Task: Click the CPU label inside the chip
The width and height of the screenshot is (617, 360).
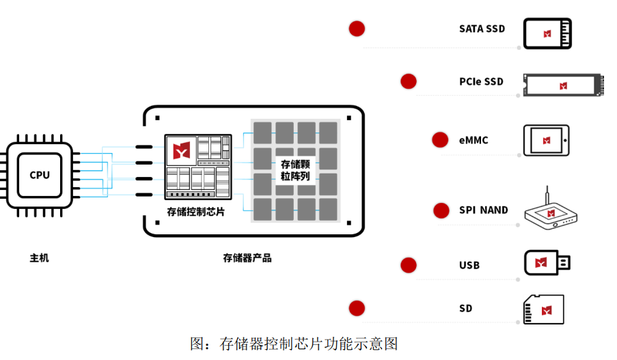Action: tap(40, 175)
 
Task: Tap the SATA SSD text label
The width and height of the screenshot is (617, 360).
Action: tap(482, 29)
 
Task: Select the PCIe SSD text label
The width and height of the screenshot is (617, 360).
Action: tap(481, 82)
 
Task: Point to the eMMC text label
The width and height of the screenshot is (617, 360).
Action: tap(474, 141)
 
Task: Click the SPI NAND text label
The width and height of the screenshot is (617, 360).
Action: tap(484, 210)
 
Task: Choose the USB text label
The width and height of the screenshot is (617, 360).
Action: tap(469, 265)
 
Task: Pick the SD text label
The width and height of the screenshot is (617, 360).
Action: tap(465, 309)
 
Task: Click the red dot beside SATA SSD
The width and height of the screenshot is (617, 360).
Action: tap(357, 29)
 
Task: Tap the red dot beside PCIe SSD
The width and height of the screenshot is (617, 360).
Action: tap(409, 81)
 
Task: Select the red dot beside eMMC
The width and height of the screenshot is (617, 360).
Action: tap(440, 140)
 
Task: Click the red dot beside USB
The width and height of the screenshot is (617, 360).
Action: tap(409, 265)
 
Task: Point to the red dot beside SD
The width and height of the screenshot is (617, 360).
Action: tap(357, 309)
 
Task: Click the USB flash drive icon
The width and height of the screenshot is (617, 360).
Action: tap(547, 263)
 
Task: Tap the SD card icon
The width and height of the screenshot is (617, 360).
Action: tap(544, 310)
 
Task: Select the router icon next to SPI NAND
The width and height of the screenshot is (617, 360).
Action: tap(551, 214)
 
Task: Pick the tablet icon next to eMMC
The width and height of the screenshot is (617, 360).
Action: tap(546, 140)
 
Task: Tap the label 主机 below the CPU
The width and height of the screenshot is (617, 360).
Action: tap(40, 258)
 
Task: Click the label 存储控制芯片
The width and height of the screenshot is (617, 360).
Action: tap(196, 212)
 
